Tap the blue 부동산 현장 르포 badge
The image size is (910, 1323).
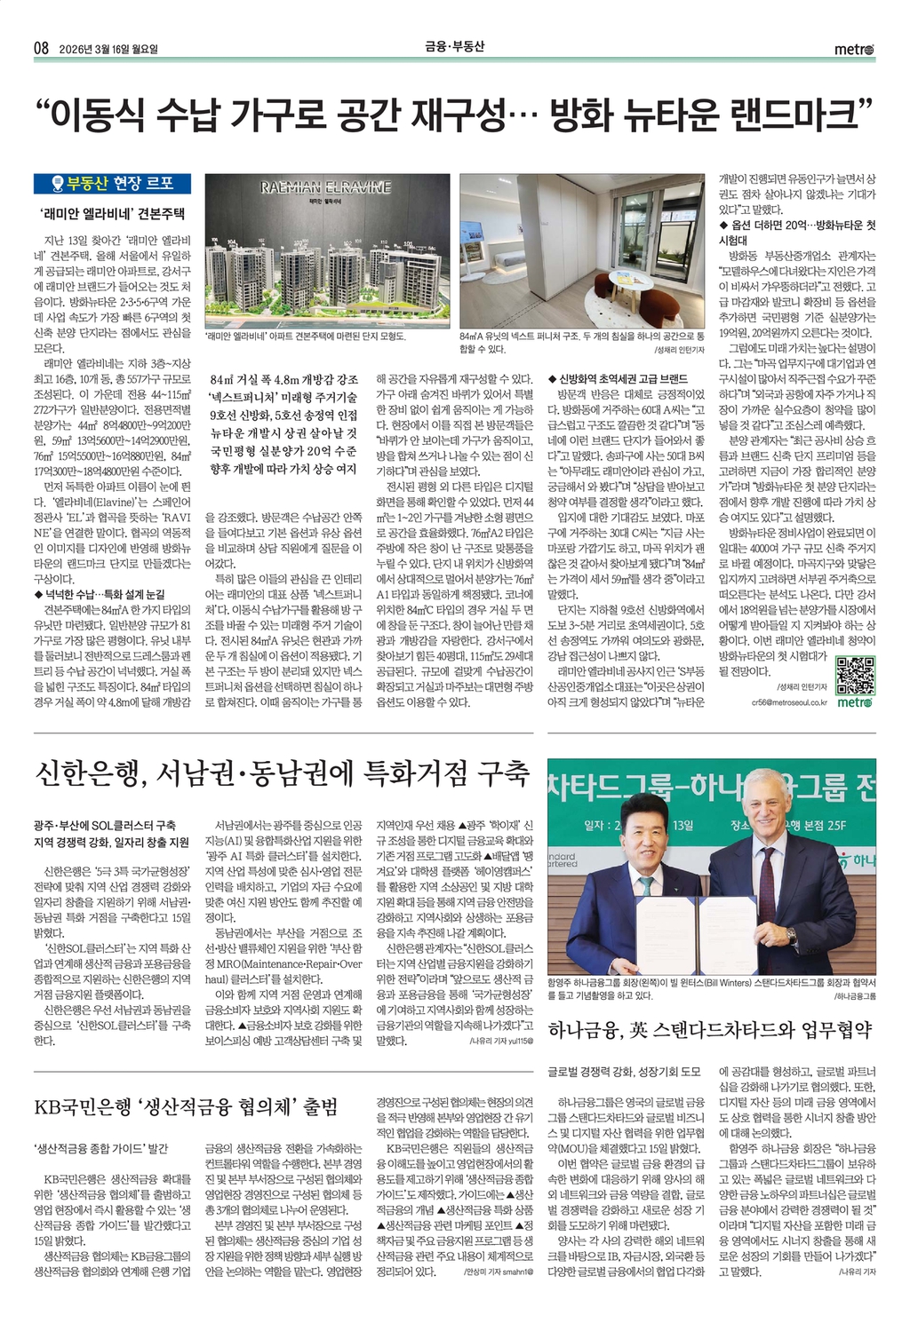coord(113,184)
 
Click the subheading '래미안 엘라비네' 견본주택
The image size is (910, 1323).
coord(113,214)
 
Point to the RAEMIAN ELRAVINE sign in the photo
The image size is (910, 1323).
coord(325,187)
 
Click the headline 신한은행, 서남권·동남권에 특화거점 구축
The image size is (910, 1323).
coord(281,773)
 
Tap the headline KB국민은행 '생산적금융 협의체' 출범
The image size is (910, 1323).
coord(186,1107)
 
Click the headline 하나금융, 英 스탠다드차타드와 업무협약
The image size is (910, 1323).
coord(710,1030)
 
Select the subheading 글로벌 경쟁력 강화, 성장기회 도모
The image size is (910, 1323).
coord(624,1072)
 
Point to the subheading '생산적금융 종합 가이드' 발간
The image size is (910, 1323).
coord(100,1149)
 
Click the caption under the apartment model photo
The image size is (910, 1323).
coord(305,337)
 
